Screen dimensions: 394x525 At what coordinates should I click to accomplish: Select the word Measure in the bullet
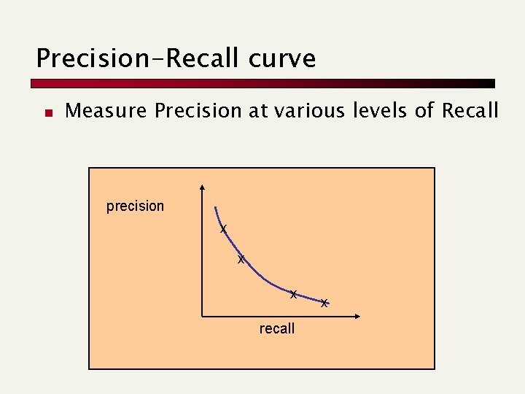(106, 111)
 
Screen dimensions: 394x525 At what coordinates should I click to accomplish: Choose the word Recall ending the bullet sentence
(467, 111)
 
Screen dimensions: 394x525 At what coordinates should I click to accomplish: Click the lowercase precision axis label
(135, 206)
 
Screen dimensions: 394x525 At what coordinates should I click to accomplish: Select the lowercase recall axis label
(277, 328)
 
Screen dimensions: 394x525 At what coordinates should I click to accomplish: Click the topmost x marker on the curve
(224, 229)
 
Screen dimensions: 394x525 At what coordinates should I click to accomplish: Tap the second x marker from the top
(241, 260)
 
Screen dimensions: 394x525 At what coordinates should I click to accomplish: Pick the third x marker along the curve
(292, 295)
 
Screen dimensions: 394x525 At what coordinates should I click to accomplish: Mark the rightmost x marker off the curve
(324, 302)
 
